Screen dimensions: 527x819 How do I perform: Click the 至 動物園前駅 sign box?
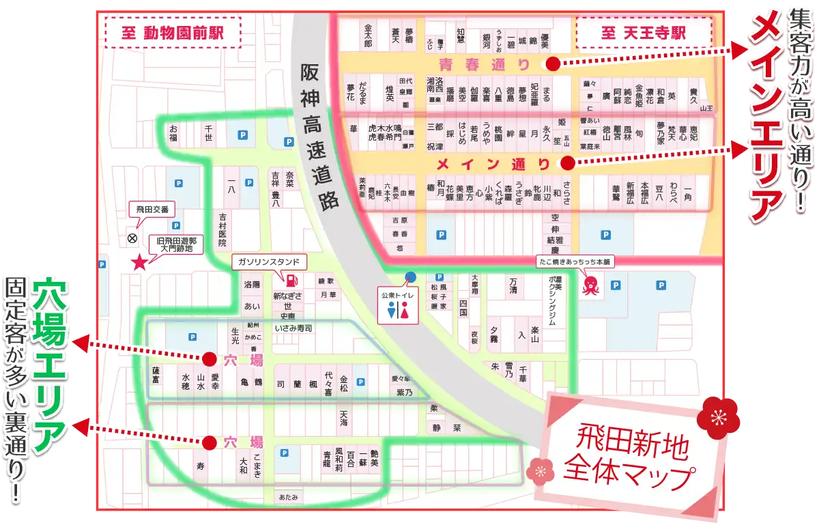coord(173,32)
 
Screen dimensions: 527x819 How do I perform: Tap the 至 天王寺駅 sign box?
coord(644,32)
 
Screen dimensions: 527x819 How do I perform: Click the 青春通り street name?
coord(485,65)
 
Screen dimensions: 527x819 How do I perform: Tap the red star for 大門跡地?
coord(140,261)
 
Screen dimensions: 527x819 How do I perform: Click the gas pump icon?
coord(291,281)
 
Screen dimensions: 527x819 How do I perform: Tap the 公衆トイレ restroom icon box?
coord(397,306)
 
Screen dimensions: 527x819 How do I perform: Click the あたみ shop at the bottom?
coord(288,497)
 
